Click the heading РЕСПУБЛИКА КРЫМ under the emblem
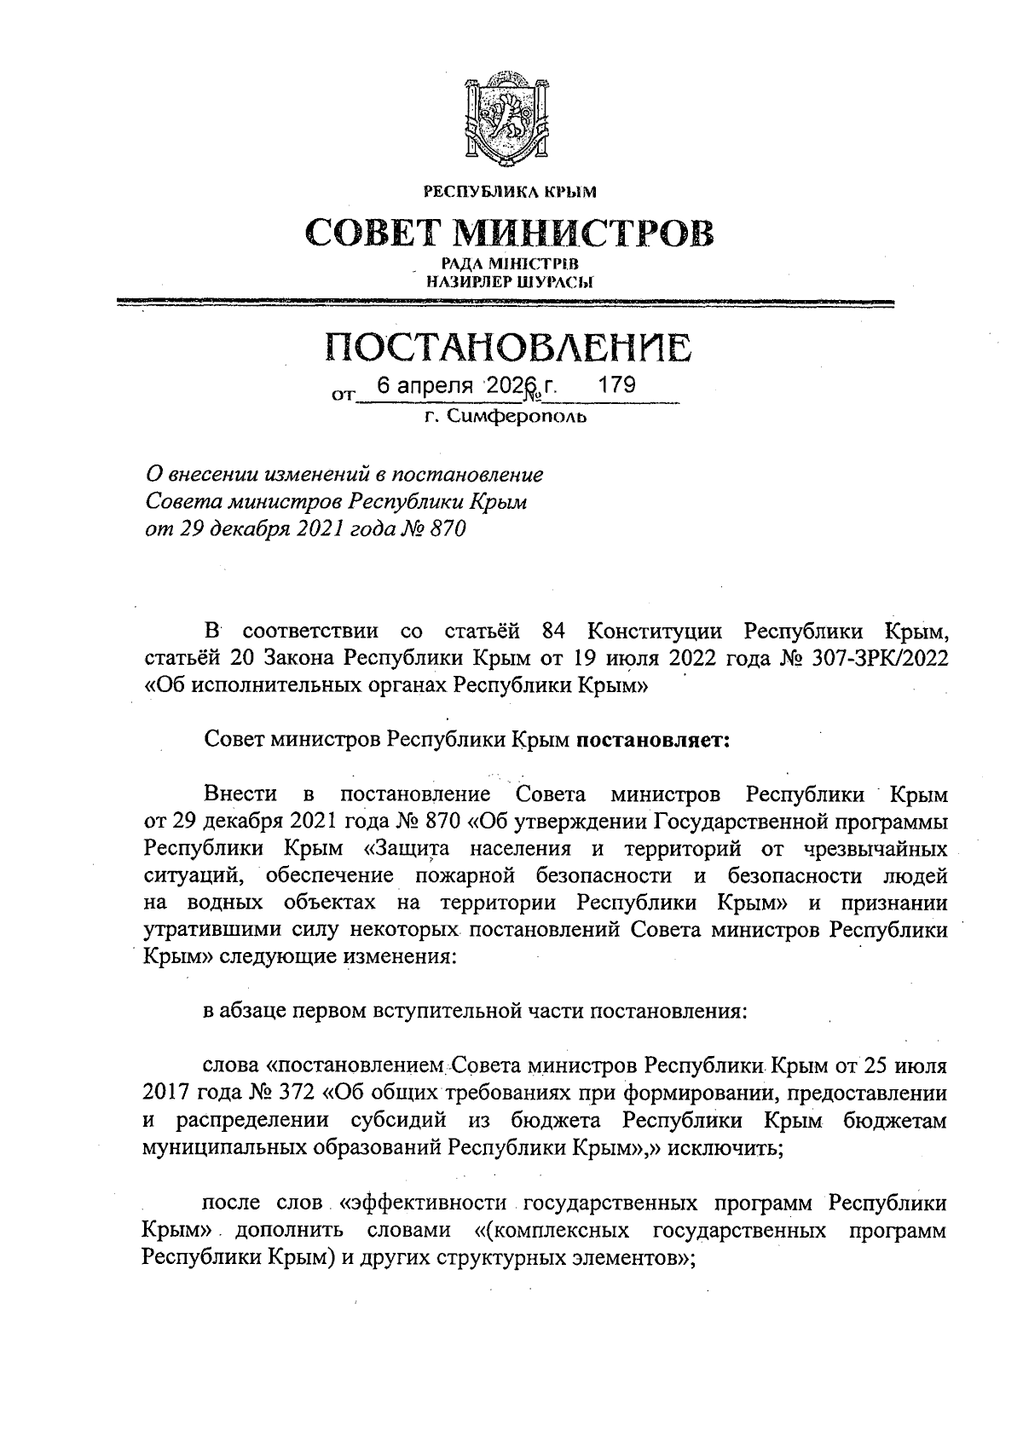pyautogui.click(x=510, y=193)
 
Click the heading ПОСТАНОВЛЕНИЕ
pyautogui.click(x=510, y=347)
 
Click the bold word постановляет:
pyautogui.click(x=653, y=740)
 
